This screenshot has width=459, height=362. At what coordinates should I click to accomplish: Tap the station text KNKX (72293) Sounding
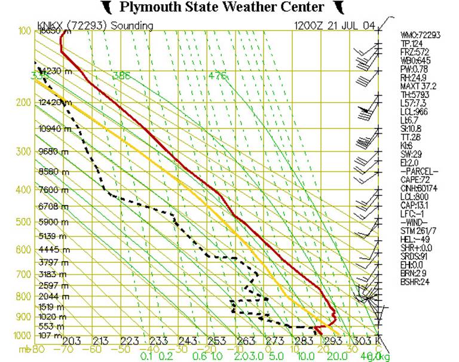pyautogui.click(x=95, y=26)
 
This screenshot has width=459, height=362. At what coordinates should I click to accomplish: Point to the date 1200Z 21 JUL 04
pyautogui.click(x=334, y=26)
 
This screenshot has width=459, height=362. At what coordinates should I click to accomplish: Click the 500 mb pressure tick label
pyautogui.click(x=22, y=222)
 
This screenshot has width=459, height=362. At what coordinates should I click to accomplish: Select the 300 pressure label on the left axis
pyautogui.click(x=22, y=152)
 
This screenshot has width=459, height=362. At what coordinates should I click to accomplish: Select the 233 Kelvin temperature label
pyautogui.click(x=158, y=340)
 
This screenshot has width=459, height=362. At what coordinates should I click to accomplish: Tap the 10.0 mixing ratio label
pyautogui.click(x=305, y=356)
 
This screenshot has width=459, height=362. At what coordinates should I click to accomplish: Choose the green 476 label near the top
pyautogui.click(x=218, y=76)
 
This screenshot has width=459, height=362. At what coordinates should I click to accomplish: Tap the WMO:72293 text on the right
pyautogui.click(x=420, y=35)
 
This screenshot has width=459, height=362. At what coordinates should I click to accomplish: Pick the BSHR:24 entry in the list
pyautogui.click(x=415, y=281)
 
